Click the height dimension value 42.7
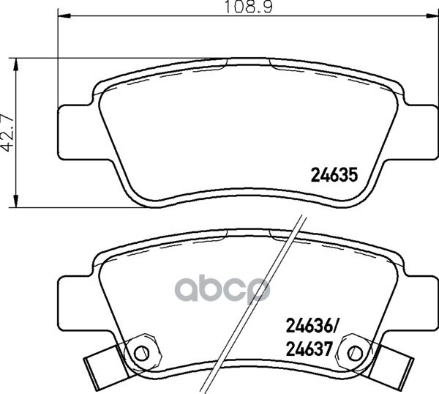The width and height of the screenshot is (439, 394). (7, 133)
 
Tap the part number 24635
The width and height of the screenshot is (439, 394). (334, 175)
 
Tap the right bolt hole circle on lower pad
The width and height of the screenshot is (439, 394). (356, 353)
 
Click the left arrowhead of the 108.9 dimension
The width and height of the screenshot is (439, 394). (64, 15)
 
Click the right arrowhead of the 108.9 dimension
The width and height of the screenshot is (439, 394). (432, 15)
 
